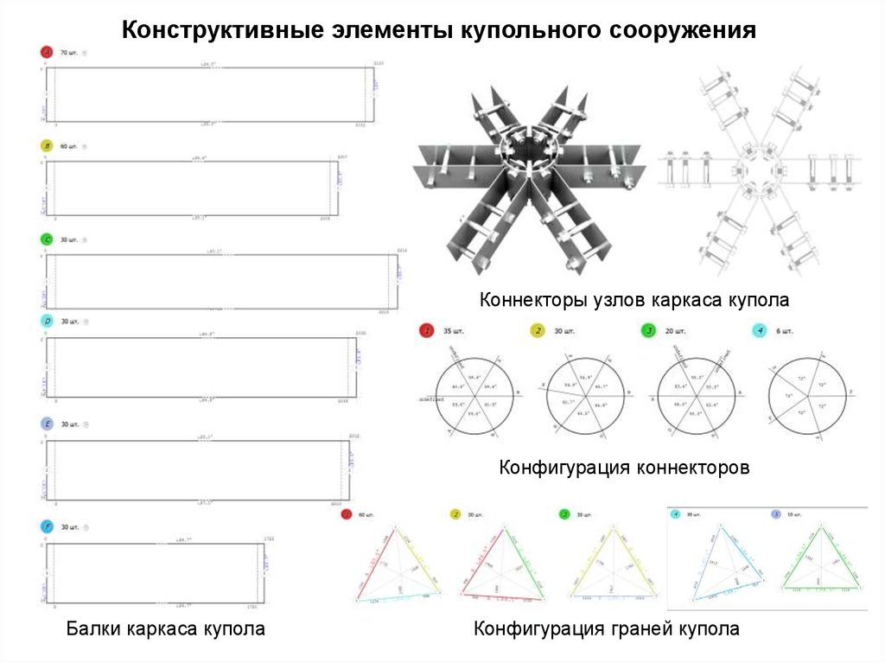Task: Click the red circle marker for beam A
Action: coord(47,53)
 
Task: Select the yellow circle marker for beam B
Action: coord(47,146)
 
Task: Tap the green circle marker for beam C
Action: coord(47,239)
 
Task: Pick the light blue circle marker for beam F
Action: coord(47,526)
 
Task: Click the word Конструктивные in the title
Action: coord(221,31)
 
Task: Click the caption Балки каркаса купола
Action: coord(166,628)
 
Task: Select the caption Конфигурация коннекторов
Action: coord(624,468)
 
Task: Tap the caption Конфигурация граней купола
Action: coord(607,628)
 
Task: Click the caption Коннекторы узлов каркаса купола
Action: coord(635,301)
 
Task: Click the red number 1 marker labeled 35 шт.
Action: coord(425,331)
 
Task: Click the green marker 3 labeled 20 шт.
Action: coord(647,331)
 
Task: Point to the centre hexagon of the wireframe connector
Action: coord(754,168)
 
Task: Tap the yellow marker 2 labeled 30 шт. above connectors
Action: coord(537,331)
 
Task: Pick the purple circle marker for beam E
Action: coord(47,424)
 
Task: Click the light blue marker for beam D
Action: coord(47,322)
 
